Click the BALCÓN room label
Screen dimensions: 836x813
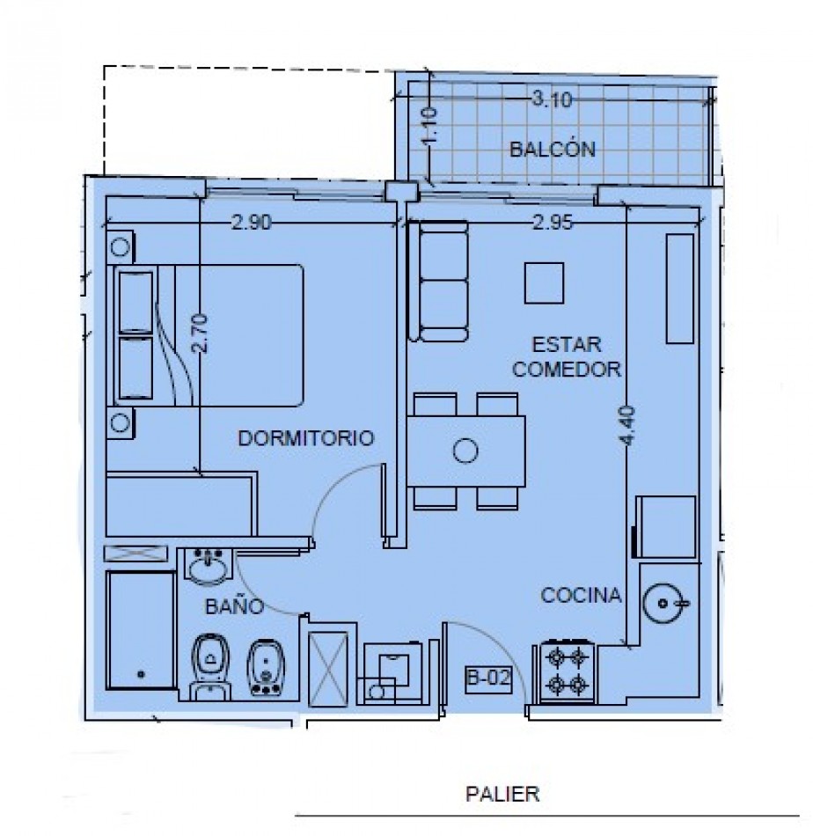(x=552, y=149)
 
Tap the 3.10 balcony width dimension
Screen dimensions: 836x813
(x=551, y=99)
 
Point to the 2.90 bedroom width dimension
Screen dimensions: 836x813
(x=251, y=224)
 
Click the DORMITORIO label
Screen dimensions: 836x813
(x=307, y=437)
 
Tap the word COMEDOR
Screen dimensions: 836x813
(x=568, y=370)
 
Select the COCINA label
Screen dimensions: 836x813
(x=581, y=596)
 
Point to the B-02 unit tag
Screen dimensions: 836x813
(x=488, y=678)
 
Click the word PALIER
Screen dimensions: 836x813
(x=502, y=795)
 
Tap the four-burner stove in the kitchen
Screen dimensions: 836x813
(x=567, y=671)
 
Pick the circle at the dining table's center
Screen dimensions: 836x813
(x=464, y=452)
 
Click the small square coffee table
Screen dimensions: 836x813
(x=544, y=282)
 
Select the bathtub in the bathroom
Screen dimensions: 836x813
(x=140, y=632)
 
